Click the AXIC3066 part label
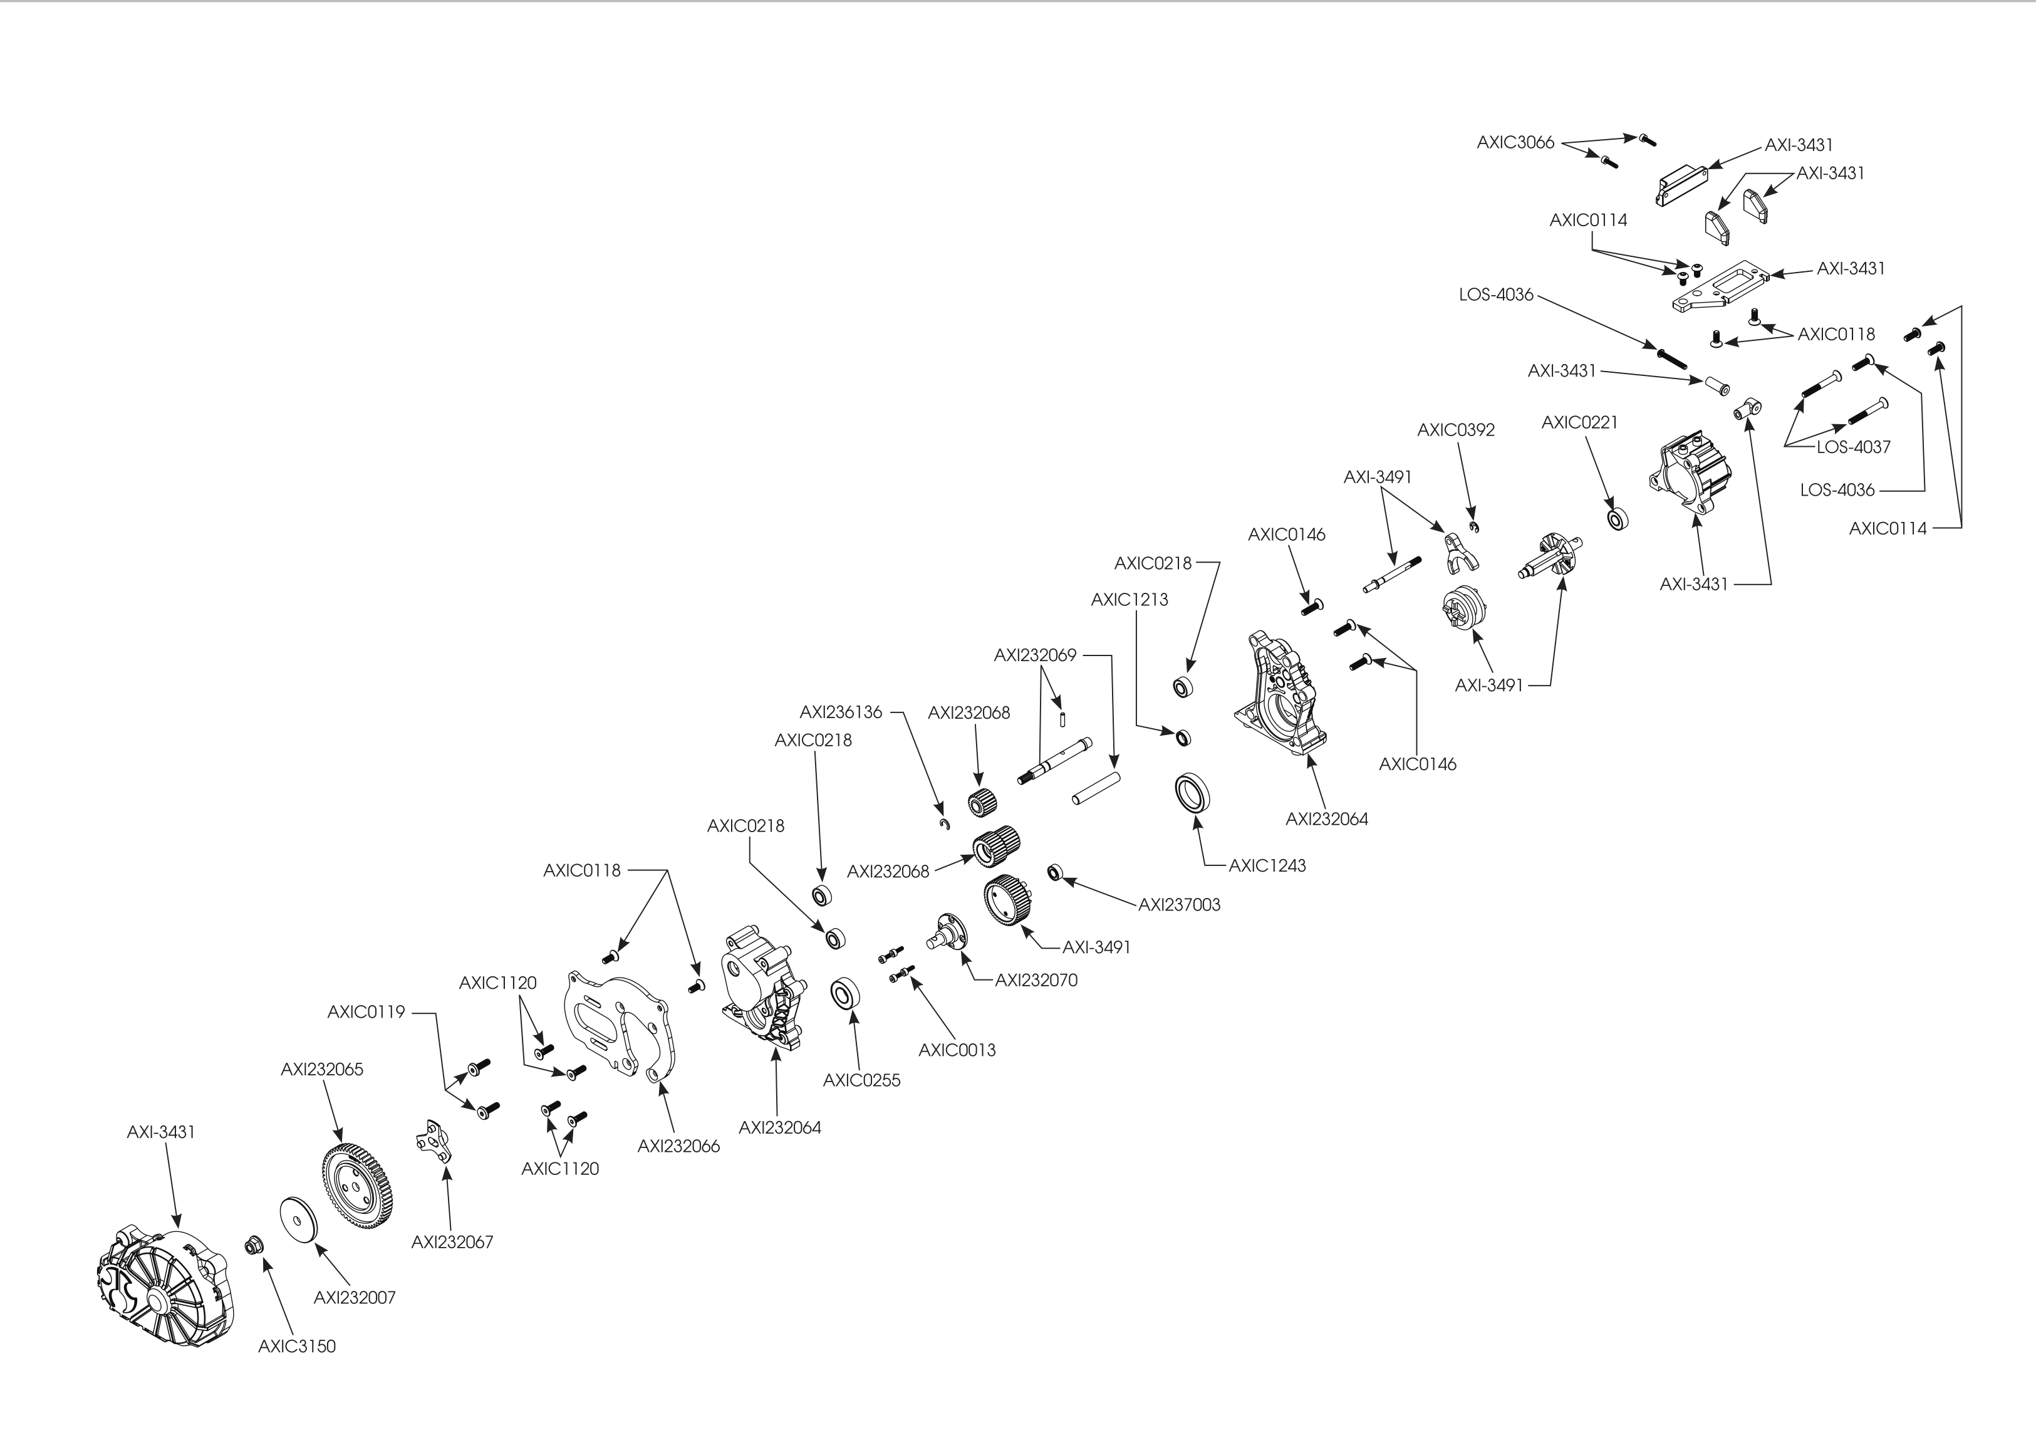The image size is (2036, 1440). pyautogui.click(x=1515, y=142)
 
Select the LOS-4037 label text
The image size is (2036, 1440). pyautogui.click(x=1853, y=447)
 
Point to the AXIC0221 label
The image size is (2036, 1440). pyautogui.click(x=1580, y=423)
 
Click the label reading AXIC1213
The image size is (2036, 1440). pyautogui.click(x=1130, y=600)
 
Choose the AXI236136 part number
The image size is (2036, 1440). pyautogui.click(x=841, y=712)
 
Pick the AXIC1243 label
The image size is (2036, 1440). pyautogui.click(x=1267, y=866)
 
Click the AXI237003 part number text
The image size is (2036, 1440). pyautogui.click(x=1180, y=905)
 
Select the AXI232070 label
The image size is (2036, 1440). pyautogui.click(x=1037, y=981)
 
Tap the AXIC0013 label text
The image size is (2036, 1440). pyautogui.click(x=957, y=1050)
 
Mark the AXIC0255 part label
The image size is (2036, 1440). pyautogui.click(x=862, y=1081)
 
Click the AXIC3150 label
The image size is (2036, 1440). pyautogui.click(x=297, y=1347)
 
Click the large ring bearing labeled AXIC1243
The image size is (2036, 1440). pyautogui.click(x=1195, y=792)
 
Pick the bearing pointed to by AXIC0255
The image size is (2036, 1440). pyautogui.click(x=845, y=994)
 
